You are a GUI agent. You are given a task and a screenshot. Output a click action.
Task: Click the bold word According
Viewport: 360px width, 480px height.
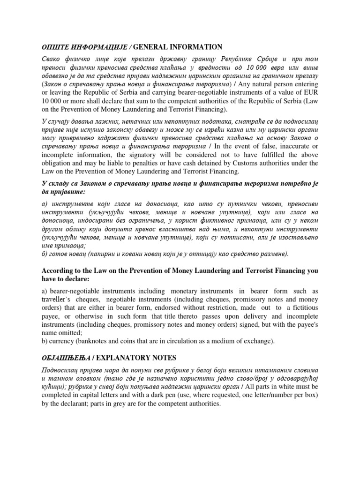point(59,271)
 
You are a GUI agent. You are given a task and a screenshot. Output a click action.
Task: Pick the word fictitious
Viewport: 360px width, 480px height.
point(302,307)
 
